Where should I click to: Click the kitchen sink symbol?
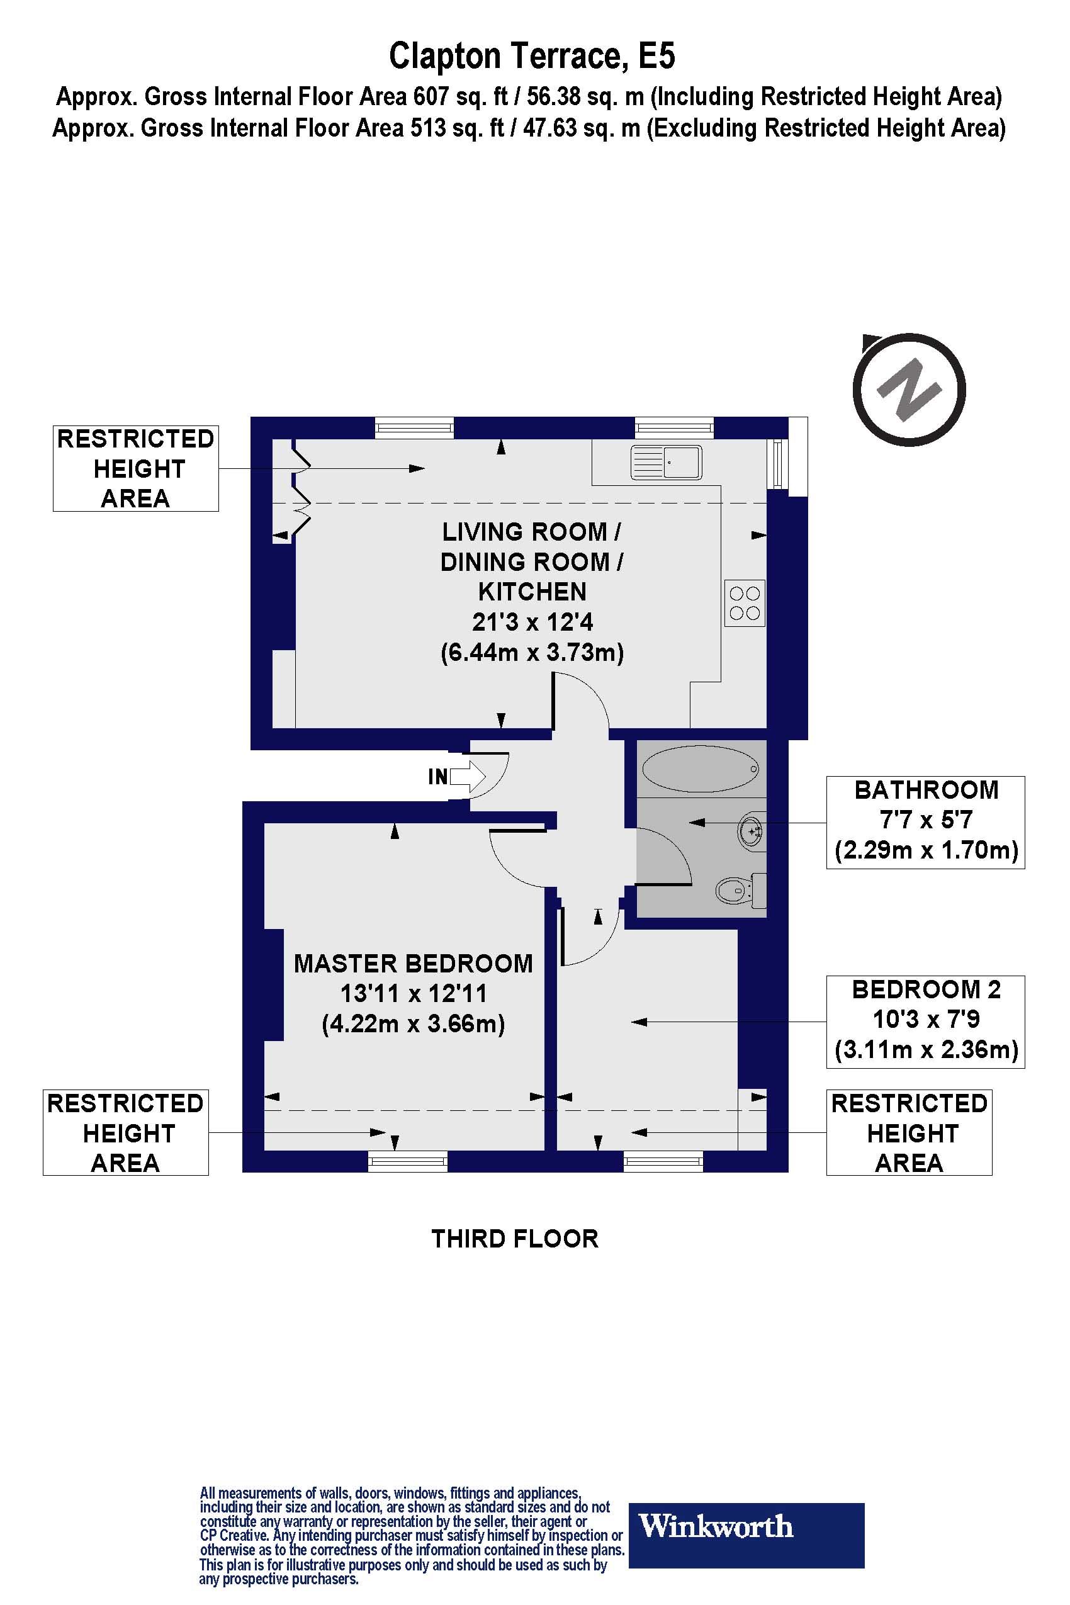click(665, 462)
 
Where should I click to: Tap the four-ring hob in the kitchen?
click(745, 603)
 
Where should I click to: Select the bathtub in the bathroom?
click(701, 770)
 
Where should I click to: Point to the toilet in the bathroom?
click(740, 890)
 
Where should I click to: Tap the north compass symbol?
click(909, 389)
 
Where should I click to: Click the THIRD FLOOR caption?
click(514, 1239)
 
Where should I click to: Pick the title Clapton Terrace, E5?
click(532, 56)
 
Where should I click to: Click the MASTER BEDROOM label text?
click(413, 964)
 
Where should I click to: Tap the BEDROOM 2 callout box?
click(925, 1022)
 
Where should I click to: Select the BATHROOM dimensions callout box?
click(925, 822)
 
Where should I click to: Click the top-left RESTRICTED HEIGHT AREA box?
click(136, 469)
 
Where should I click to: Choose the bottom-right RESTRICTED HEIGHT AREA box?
click(909, 1132)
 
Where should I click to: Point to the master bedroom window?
click(407, 1161)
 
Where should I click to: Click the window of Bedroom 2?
click(663, 1161)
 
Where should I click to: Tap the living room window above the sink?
click(674, 428)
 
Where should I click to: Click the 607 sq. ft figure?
click(461, 97)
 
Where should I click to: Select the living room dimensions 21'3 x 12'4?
click(532, 622)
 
